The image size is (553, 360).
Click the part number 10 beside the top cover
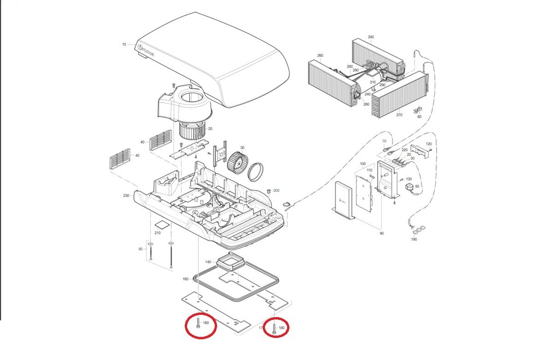124,45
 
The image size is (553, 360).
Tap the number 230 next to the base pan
126,196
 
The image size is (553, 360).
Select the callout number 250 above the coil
371,37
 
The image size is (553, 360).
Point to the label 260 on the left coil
320,56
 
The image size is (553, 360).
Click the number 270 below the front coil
399,115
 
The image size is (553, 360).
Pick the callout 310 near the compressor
373,82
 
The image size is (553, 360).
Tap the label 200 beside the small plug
276,190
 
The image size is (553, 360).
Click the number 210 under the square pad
158,233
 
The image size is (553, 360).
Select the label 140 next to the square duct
208,262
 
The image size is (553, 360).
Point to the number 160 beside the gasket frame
185,279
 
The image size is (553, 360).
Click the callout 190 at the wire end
414,239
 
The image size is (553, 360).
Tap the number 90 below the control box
382,233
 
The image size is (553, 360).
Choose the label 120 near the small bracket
429,144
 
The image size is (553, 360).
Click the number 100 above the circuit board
363,164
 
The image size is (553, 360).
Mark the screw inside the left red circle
198,324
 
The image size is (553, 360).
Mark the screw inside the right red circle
274,327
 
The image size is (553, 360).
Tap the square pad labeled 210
162,224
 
